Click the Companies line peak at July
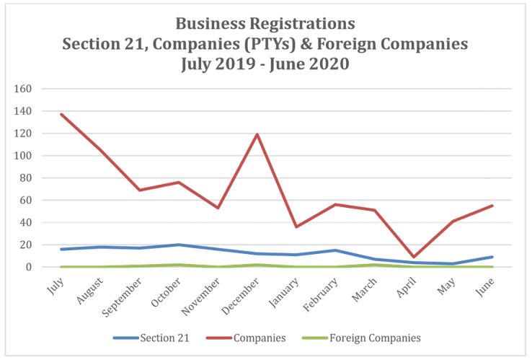pos(61,114)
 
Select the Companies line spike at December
pos(257,134)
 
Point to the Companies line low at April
pos(414,257)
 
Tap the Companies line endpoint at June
pos(493,206)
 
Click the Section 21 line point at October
pos(179,245)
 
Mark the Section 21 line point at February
pos(336,250)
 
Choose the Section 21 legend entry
pos(151,338)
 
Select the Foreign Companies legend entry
pos(365,338)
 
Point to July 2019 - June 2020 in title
pos(265,63)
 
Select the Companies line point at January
pos(297,227)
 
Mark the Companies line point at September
pos(140,190)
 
